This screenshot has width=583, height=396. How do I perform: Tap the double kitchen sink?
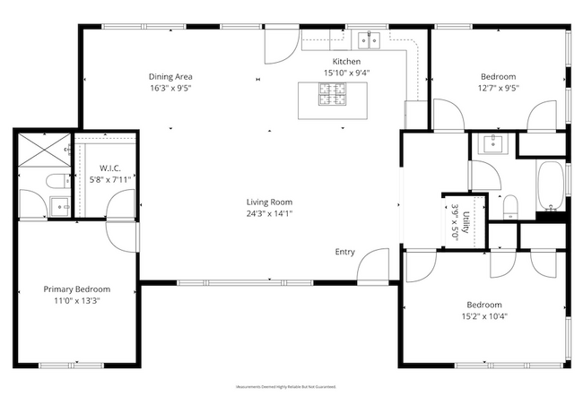[x=368, y=39]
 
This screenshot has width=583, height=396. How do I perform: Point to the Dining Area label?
[x=170, y=76]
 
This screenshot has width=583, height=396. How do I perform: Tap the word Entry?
[x=345, y=252]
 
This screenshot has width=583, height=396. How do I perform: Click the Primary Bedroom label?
[x=77, y=289]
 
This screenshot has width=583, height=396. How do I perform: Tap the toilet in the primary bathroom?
[x=53, y=179]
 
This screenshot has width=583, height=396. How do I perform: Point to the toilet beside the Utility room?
[x=509, y=208]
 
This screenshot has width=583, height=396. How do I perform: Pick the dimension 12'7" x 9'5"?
[x=498, y=88]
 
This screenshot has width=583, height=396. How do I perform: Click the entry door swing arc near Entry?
[x=371, y=264]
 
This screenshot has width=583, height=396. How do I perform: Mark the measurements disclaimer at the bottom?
[x=285, y=386]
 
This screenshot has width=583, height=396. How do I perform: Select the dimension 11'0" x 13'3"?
[x=77, y=301]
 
